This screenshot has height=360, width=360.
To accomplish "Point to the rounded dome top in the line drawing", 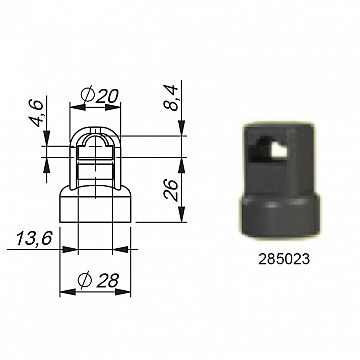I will tap(97, 130).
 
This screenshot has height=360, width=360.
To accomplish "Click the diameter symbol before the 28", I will tap(87, 279).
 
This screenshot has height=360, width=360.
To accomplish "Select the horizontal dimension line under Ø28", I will tap(97, 291).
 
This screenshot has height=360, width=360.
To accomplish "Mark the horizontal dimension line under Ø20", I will tap(97, 106).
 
